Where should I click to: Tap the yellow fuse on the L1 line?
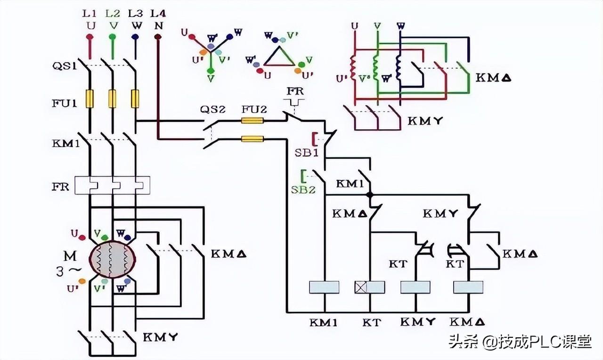pyautogui.click(x=90, y=99)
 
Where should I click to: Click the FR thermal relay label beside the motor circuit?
pyautogui.click(x=60, y=186)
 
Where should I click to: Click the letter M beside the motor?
pyautogui.click(x=70, y=256)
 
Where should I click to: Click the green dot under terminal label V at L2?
pyautogui.click(x=113, y=36)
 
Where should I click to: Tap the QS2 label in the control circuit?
pyautogui.click(x=213, y=109)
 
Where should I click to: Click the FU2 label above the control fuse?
pyautogui.click(x=254, y=109)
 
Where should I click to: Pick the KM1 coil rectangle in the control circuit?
pyautogui.click(x=324, y=287)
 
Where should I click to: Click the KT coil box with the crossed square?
pyautogui.click(x=369, y=287)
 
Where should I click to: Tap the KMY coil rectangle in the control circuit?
pyautogui.click(x=415, y=287)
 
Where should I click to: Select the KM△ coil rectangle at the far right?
pyautogui.click(x=468, y=287)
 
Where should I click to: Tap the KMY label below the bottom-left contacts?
pyautogui.click(x=160, y=337)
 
